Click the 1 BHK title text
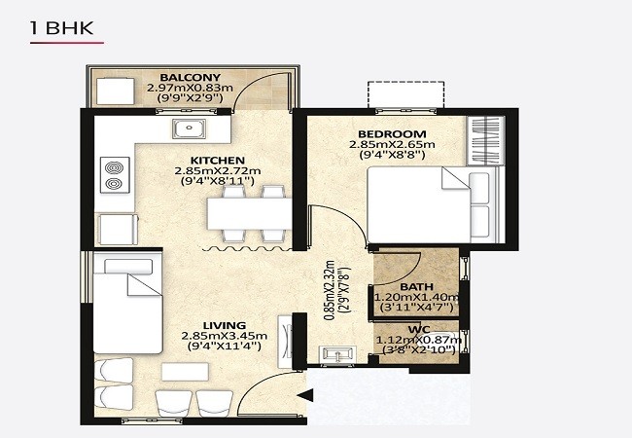[x=61, y=28]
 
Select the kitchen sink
[x=190, y=128]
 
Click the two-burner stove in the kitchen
[x=115, y=175]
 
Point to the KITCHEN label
[x=217, y=161]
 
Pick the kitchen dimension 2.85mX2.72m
[x=218, y=170]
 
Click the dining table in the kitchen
[x=249, y=214]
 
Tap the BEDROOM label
[x=392, y=134]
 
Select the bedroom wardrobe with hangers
[x=486, y=140]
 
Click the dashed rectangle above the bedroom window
[x=405, y=94]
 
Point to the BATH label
[x=416, y=287]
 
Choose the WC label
[x=419, y=330]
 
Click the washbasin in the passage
[x=337, y=354]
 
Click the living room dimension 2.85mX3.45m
[x=224, y=336]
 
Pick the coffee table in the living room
[x=185, y=372]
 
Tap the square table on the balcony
[x=116, y=91]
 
